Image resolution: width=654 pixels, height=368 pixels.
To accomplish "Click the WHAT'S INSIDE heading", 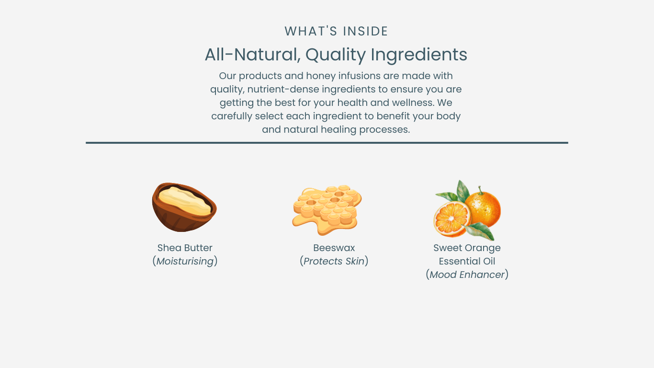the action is point(336,31).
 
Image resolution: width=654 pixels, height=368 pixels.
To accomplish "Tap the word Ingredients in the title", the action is point(419,55).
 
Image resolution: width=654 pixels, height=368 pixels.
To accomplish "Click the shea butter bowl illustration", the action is point(184,207).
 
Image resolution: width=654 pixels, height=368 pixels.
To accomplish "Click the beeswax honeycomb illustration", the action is point(327,210).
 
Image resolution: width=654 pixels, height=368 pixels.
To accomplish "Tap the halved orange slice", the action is point(452,219).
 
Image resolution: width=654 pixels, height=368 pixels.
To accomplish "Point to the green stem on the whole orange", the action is point(480,190).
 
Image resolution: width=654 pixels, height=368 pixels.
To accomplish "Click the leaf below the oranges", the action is point(479,231).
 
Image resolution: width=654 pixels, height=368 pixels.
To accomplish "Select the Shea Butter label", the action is point(185,248).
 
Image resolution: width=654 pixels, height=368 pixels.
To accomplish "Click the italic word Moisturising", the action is point(185,261).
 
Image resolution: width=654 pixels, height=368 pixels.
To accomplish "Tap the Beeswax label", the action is point(334,248).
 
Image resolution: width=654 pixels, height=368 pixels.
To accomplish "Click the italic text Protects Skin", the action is point(334,261).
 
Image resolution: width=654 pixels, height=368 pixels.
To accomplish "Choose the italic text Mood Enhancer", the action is point(467,275).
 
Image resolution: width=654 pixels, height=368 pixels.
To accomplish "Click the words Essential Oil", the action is point(467,261).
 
